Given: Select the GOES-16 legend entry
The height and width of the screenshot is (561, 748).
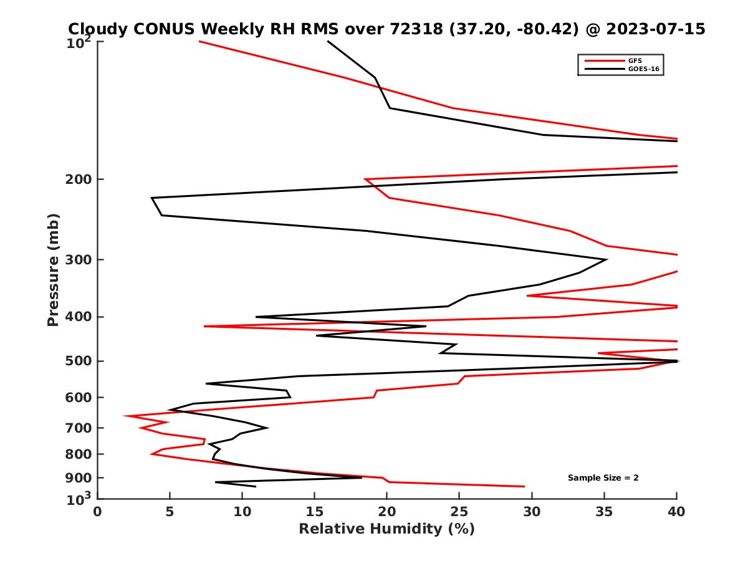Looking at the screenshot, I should coord(642,69).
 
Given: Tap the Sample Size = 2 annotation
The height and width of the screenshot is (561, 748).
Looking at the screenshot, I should coord(603,477).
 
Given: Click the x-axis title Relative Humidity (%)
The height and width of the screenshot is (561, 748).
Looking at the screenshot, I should coord(386,529).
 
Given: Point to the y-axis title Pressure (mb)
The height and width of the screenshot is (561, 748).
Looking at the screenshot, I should coord(53,270).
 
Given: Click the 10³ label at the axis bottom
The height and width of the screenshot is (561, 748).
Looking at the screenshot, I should coord(79,497).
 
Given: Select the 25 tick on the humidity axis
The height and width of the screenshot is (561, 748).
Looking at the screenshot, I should coord(459,512).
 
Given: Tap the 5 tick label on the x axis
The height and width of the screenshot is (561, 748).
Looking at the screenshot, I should coord(170,512).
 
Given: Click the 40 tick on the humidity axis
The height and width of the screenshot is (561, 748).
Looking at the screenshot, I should coord(676,512).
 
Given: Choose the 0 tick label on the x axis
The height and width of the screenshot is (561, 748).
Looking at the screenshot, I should coord(98,512).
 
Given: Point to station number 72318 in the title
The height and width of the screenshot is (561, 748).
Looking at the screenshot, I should coord(410,29).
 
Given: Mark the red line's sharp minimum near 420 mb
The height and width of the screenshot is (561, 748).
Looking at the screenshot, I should coord(204,326).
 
